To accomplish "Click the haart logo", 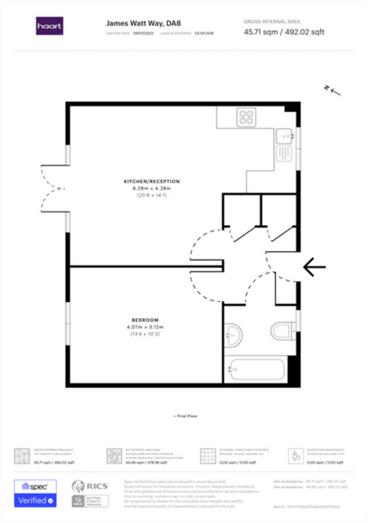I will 50,26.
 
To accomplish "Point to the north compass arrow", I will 332,89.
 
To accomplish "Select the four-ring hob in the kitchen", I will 246,118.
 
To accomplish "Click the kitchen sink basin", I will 284,136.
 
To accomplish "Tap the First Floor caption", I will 185,416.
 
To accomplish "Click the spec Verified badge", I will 35,494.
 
